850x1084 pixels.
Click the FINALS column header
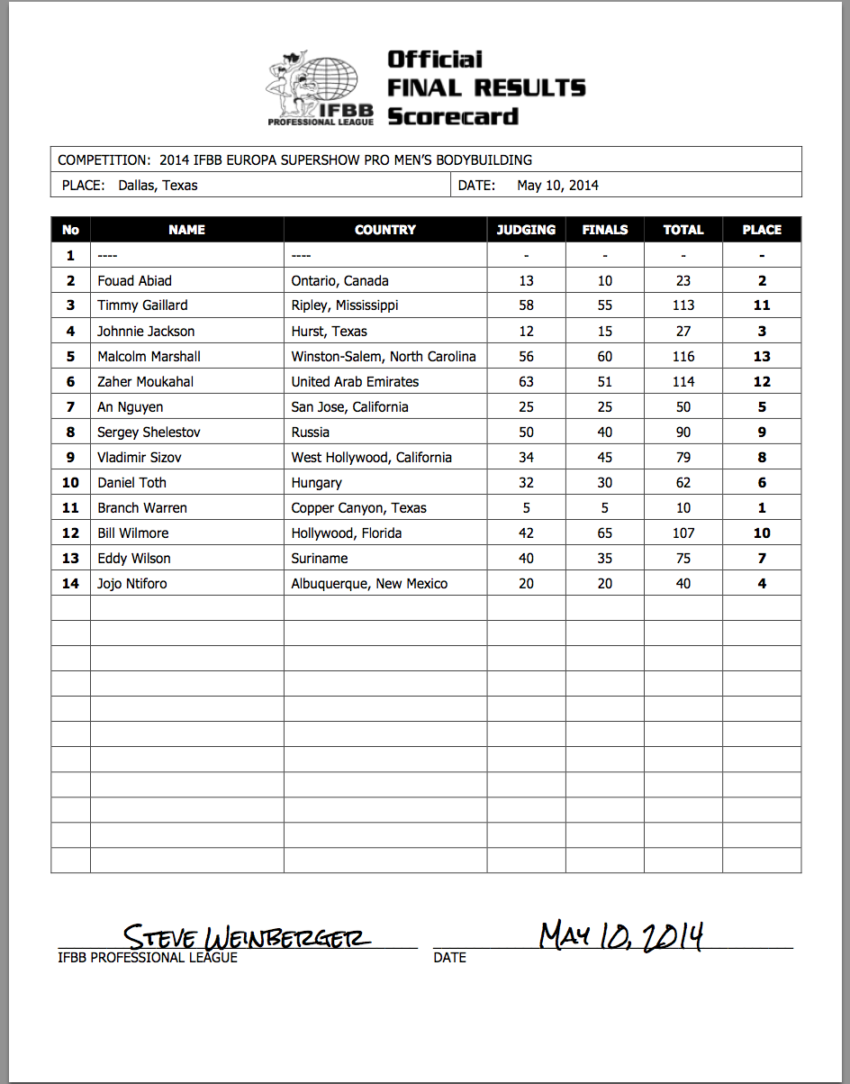point(605,230)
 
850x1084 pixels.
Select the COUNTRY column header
point(385,230)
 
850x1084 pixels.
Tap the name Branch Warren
point(142,507)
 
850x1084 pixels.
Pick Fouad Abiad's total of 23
point(683,280)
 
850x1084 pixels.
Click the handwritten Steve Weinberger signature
point(246,937)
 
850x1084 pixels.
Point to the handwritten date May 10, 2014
point(620,936)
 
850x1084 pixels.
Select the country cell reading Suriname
point(319,558)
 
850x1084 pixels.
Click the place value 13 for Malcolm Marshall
point(762,356)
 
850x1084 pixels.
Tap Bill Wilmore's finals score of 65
point(605,533)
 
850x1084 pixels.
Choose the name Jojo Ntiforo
point(132,583)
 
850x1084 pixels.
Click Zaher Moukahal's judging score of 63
point(526,381)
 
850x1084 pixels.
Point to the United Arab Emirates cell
point(355,381)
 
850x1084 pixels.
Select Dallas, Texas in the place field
point(158,186)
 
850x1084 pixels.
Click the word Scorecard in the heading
point(453,116)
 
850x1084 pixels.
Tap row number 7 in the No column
point(70,406)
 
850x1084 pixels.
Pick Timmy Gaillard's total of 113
point(683,305)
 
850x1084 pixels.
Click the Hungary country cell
point(317,482)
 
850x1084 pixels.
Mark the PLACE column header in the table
point(762,230)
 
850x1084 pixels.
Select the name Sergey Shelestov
point(149,432)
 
